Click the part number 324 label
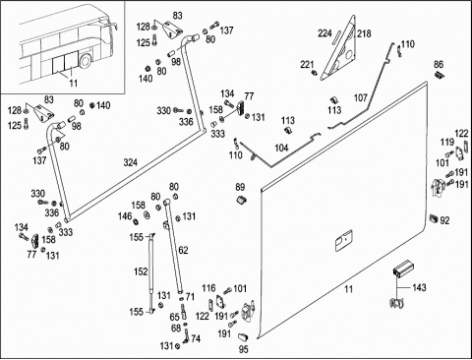click(131, 162)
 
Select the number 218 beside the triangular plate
click(364, 33)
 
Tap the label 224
click(324, 33)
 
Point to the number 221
click(307, 65)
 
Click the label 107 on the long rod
click(361, 97)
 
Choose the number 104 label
click(281, 148)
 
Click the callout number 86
click(439, 64)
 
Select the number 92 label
click(444, 220)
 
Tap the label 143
click(419, 287)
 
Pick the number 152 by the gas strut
click(141, 271)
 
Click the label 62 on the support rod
click(183, 250)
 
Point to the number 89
click(240, 187)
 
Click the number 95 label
click(243, 349)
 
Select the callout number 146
click(125, 216)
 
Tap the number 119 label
click(447, 143)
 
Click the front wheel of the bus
click(86, 62)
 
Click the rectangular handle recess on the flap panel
click(343, 240)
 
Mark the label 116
click(208, 288)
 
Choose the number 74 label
click(196, 338)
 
